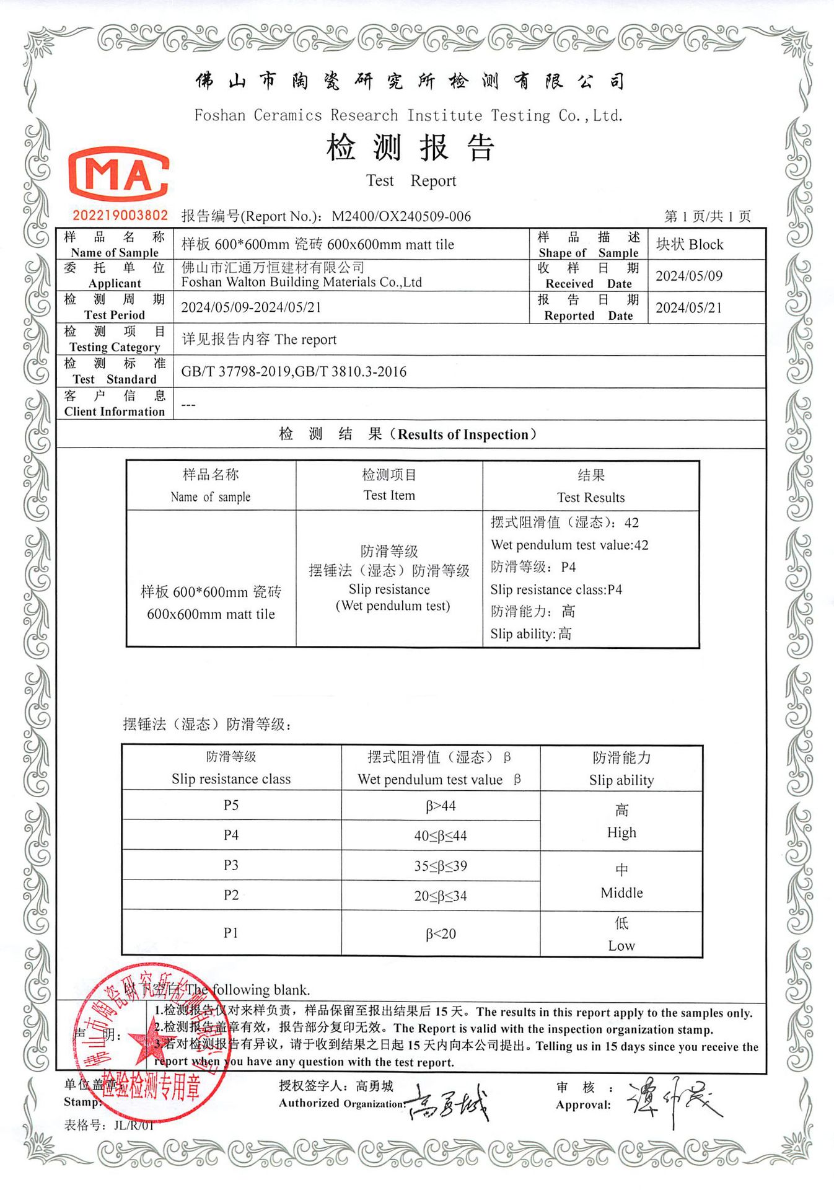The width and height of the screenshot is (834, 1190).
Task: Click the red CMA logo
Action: click(118, 175)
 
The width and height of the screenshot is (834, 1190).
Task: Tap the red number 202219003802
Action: click(120, 215)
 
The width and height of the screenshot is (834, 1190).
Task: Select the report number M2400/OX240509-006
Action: click(401, 216)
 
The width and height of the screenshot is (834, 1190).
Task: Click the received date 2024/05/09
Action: click(689, 276)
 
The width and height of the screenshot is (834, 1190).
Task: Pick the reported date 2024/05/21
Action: click(689, 308)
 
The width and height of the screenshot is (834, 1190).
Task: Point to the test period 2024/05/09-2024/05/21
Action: click(251, 307)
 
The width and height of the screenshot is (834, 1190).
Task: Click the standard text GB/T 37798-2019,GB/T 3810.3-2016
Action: click(294, 372)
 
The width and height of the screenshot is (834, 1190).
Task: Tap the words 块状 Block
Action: click(690, 245)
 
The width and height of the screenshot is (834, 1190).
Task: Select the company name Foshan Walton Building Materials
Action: click(301, 283)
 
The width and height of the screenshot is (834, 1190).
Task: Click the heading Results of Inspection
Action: click(467, 434)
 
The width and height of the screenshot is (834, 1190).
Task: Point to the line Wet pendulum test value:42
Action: click(569, 545)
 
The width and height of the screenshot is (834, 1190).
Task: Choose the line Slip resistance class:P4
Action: click(556, 590)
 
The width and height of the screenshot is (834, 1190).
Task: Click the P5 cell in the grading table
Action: click(231, 805)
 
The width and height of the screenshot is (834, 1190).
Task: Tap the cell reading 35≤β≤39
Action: click(441, 866)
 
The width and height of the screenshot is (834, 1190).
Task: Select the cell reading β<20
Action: click(441, 934)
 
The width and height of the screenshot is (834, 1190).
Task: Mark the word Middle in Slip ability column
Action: click(621, 893)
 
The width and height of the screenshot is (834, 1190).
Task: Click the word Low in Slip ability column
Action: click(621, 946)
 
